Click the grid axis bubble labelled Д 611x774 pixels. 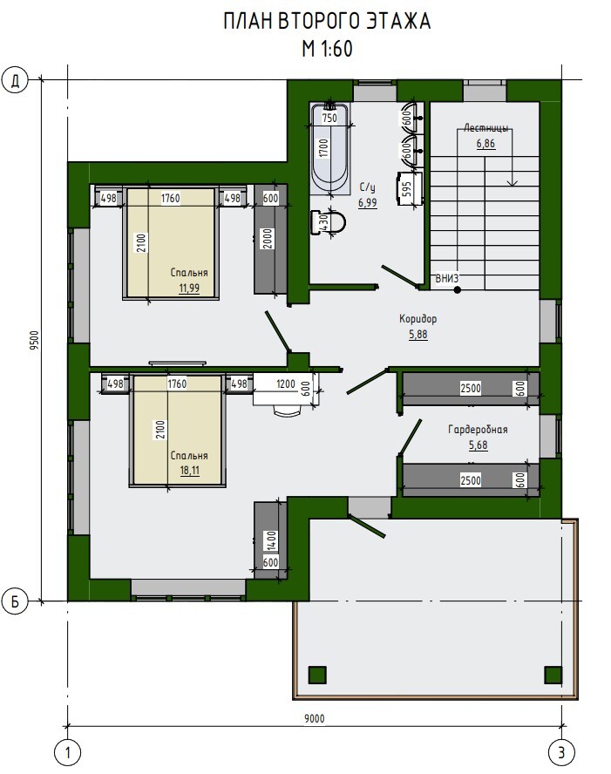pyautogui.click(x=16, y=80)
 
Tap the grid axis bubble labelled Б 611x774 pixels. pyautogui.click(x=16, y=601)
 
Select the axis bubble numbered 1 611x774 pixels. pyautogui.click(x=67, y=753)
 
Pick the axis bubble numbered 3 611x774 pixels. pyautogui.click(x=561, y=753)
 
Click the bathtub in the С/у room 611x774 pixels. pyautogui.click(x=329, y=150)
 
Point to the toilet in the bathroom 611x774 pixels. pyautogui.click(x=328, y=222)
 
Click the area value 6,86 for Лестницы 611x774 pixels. pyautogui.click(x=485, y=144)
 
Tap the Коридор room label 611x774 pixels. pyautogui.click(x=418, y=319)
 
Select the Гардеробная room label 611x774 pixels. pyautogui.click(x=478, y=430)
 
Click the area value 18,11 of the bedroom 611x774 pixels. pyautogui.click(x=189, y=470)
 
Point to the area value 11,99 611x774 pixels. pyautogui.click(x=189, y=288)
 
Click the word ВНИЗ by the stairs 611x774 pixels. pyautogui.click(x=446, y=278)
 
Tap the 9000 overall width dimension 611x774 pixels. pyautogui.click(x=315, y=719)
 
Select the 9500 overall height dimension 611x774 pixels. pyautogui.click(x=34, y=340)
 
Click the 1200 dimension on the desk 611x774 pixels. pyautogui.click(x=286, y=384)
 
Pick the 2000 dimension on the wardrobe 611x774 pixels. pyautogui.click(x=267, y=239)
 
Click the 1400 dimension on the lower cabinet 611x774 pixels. pyautogui.click(x=271, y=541)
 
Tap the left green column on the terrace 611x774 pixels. pyautogui.click(x=318, y=675)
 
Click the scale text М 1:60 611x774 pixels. pyautogui.click(x=328, y=49)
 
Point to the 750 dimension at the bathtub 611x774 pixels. pyautogui.click(x=329, y=118)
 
